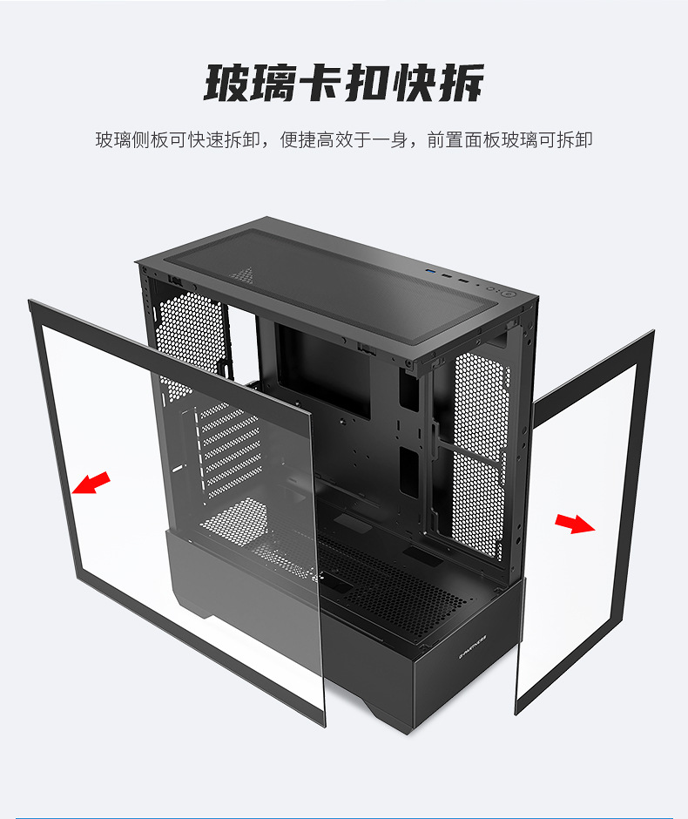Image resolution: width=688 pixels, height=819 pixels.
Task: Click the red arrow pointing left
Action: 91,483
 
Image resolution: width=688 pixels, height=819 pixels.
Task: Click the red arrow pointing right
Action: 574,523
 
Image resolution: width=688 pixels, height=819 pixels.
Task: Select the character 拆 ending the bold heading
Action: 462,84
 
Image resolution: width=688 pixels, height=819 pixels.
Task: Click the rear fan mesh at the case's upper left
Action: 187,331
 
